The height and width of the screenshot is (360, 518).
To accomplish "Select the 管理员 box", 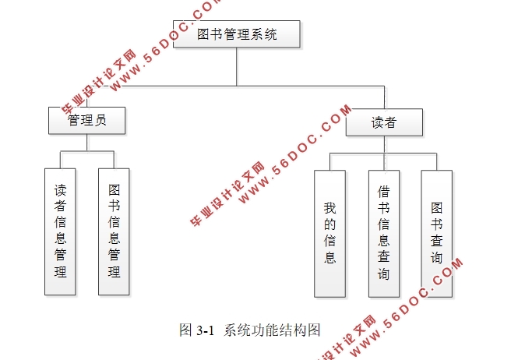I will click(86, 121).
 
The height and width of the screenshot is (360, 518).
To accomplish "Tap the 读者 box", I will click(384, 122).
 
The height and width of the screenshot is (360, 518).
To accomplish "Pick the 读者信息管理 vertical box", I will click(61, 231).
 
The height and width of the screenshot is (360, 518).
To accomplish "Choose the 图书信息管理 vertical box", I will click(114, 231).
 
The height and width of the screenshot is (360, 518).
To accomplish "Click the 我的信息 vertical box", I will click(329, 233).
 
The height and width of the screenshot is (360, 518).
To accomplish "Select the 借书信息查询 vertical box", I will click(383, 233).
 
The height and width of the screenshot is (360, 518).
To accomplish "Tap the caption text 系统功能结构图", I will click(272, 330).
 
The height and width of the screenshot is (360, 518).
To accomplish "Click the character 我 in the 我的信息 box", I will click(329, 208).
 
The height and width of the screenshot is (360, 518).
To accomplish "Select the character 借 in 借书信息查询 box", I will click(383, 191).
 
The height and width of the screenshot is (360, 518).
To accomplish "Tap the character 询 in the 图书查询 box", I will click(436, 258).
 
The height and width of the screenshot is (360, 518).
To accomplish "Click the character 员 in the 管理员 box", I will click(102, 121).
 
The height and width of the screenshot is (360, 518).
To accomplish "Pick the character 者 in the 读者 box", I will click(391, 122).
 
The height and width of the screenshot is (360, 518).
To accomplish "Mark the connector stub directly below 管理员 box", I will click(86, 143).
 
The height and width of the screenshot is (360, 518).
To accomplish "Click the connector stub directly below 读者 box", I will click(384, 145).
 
